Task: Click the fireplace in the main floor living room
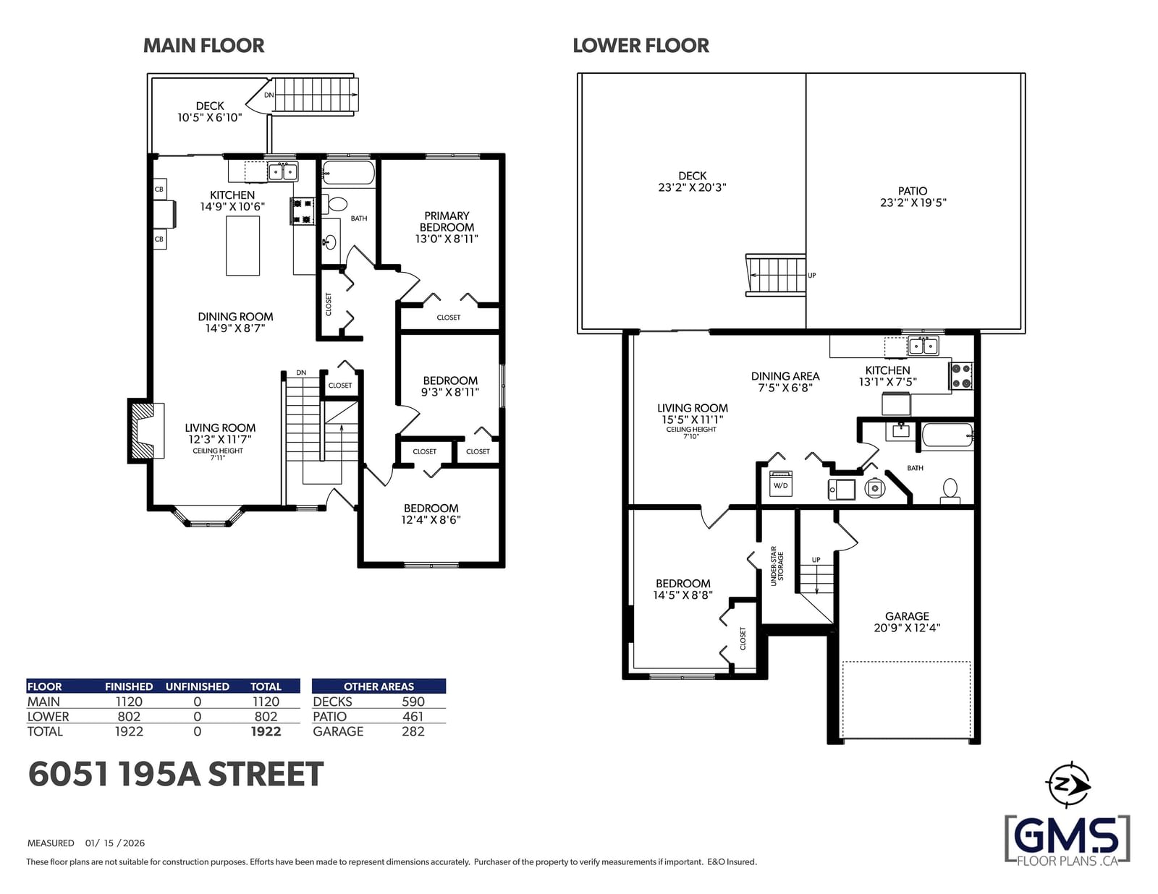(x=145, y=430)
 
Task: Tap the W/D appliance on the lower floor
(x=781, y=484)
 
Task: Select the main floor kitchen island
(x=242, y=245)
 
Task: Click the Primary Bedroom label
(x=447, y=221)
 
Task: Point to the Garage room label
(x=907, y=616)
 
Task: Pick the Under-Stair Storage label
(x=777, y=566)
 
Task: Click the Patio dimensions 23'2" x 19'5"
(x=913, y=203)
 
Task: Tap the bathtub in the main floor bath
(x=349, y=173)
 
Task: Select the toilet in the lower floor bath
(x=950, y=490)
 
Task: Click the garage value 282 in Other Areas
(x=413, y=731)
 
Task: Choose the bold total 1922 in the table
(x=266, y=731)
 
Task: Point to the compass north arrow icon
(x=1068, y=785)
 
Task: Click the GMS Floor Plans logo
(x=1068, y=839)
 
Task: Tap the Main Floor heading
(x=204, y=46)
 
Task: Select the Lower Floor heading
(x=641, y=46)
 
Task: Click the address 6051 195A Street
(x=176, y=774)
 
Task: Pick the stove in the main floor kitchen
(x=302, y=211)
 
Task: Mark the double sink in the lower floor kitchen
(x=924, y=346)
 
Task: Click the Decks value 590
(x=413, y=702)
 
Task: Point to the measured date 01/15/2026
(x=115, y=843)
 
